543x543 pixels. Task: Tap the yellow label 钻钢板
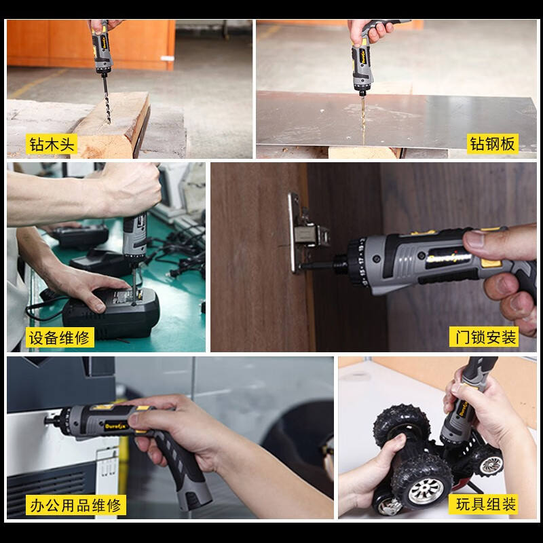coord(493,143)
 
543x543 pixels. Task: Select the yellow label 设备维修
coord(59,337)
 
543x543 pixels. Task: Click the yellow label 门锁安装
coord(483,337)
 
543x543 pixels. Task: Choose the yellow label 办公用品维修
coord(75,505)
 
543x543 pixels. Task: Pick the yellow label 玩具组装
coord(486,504)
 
